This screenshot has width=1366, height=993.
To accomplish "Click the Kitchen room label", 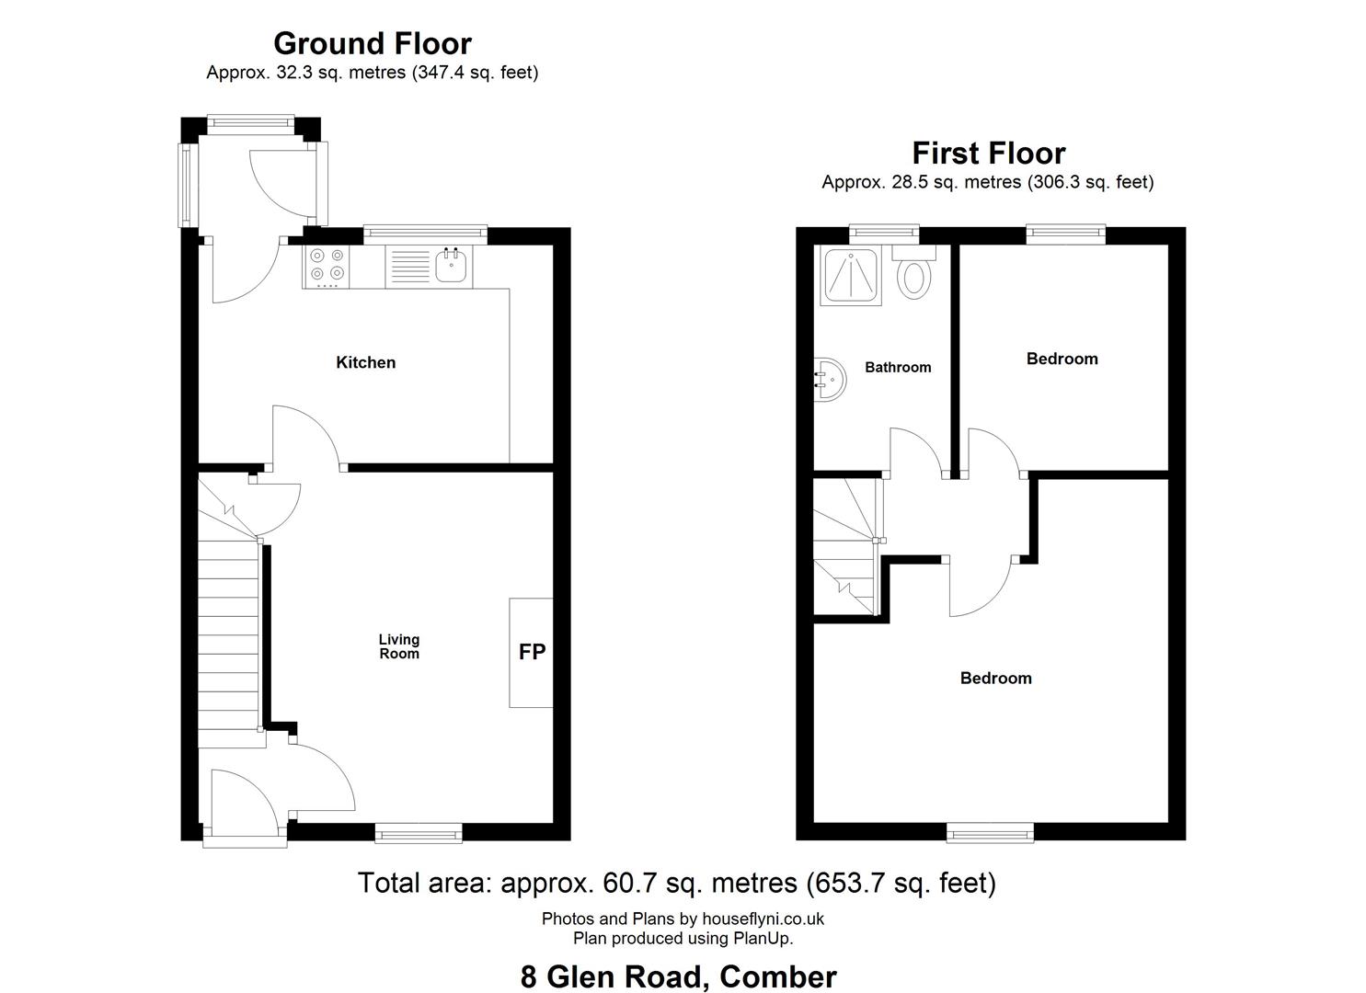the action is pos(366,362).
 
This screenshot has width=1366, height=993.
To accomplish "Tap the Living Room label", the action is pos(399,646).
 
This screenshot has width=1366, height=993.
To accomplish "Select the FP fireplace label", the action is pos(532,652).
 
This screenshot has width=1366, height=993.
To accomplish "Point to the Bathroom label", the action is pos(899,367).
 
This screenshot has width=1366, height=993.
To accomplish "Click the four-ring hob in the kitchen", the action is pos(327,267).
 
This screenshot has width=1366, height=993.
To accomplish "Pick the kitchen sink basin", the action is pos(452,267).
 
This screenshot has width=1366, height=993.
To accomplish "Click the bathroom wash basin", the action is pos(830,379).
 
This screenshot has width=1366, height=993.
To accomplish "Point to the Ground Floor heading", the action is pos(373,43).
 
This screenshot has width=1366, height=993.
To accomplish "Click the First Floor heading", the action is pos(989,153).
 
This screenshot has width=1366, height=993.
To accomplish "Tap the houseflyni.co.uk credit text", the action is pos(763,919).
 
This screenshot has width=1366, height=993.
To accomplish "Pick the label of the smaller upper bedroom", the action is pos(1062,359).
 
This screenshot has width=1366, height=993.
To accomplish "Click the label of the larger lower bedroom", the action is pos(996,679).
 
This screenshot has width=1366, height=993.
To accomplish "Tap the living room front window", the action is pos(419,833).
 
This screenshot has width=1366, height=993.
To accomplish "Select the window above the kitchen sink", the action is pos(426,234).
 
